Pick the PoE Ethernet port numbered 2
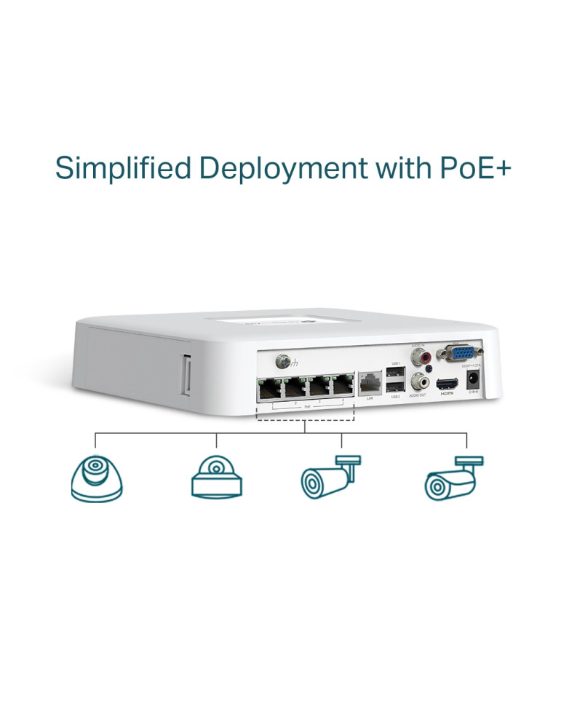[294, 387]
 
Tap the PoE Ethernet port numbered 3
[318, 387]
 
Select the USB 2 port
[394, 386]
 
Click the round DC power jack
[474, 379]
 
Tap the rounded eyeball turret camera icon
[96, 477]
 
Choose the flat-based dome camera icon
[215, 478]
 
